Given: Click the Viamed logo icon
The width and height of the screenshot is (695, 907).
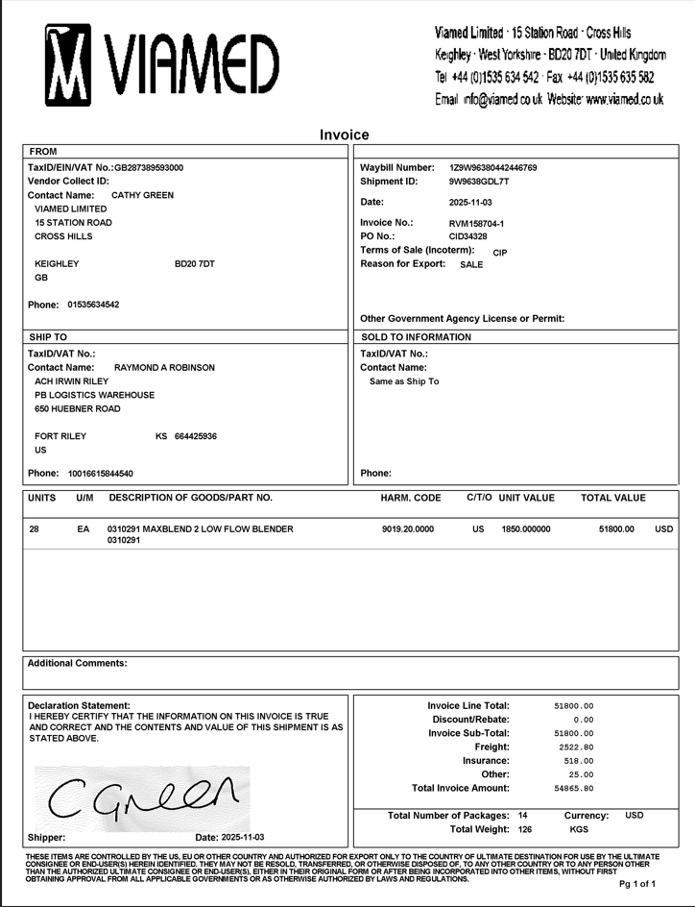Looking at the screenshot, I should (x=67, y=64).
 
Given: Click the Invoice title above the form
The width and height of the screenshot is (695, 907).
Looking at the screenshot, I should (x=345, y=135).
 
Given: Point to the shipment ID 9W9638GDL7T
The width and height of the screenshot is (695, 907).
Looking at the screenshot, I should (x=479, y=182).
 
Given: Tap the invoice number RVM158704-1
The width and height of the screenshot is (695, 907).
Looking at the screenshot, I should (x=476, y=224).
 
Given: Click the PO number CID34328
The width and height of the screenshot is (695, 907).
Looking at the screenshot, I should (x=467, y=236).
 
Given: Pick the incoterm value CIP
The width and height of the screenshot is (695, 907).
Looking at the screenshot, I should (x=499, y=253).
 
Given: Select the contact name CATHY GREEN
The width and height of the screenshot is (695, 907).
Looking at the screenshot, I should (x=142, y=195).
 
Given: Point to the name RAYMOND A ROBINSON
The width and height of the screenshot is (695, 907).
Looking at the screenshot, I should (x=164, y=367).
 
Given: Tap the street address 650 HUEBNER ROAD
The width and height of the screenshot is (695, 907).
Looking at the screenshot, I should (x=78, y=408).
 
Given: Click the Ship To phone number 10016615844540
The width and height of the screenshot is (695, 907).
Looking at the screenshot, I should (x=101, y=474).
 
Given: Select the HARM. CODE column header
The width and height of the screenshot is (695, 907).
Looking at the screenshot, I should (x=411, y=498).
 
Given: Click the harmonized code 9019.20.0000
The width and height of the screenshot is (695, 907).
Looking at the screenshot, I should (x=408, y=529).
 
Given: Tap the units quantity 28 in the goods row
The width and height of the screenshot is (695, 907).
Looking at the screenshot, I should (x=35, y=529).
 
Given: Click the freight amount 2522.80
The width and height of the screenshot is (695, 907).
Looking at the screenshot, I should (x=576, y=747).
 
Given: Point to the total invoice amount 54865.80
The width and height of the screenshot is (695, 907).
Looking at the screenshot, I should (x=574, y=788).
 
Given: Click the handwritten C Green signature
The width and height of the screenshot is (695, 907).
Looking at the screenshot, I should (x=142, y=794).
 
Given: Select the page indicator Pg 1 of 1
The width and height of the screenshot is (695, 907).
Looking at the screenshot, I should (x=636, y=883).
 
